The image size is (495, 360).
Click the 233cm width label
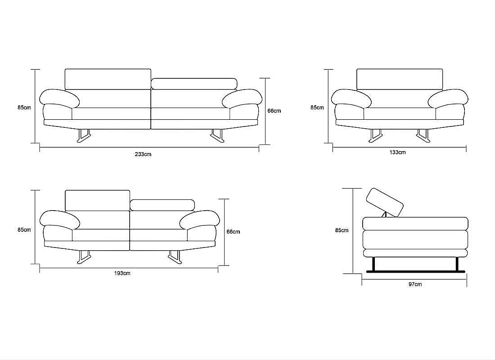point(143,154)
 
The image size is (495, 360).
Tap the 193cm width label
point(122,273)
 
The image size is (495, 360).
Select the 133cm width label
point(397,152)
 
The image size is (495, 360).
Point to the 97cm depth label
point(415,284)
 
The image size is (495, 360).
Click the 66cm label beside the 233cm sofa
point(274,111)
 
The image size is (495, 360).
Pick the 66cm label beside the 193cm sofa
point(233,231)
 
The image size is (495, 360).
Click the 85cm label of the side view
point(342,230)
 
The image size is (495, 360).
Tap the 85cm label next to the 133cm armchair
point(317,108)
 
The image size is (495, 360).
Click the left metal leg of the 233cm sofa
point(84,136)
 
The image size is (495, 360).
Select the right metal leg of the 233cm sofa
point(217,136)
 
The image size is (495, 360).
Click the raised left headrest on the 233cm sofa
point(108,79)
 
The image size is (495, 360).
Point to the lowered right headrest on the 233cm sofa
point(194,84)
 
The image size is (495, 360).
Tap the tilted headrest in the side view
point(385,203)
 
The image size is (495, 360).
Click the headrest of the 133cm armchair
point(400,79)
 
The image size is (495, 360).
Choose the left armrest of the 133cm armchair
point(351,98)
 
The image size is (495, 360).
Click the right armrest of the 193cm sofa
point(199,219)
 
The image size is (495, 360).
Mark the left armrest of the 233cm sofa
point(59,98)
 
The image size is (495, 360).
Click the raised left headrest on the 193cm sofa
point(98,201)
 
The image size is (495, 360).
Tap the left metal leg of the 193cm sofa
point(84,257)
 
